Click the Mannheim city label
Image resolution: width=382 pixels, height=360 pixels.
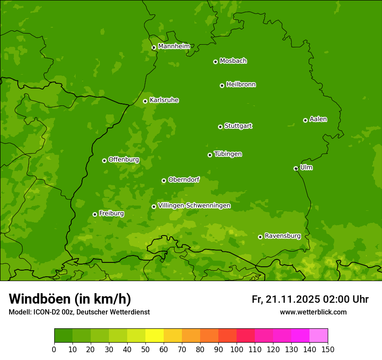pos(174,46)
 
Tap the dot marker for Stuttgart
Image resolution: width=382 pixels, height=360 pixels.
pos(220,127)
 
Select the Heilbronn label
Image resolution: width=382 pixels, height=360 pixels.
pos(241,85)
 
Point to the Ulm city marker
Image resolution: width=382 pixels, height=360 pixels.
pos(296,168)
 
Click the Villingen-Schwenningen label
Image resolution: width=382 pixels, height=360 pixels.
pos(194,206)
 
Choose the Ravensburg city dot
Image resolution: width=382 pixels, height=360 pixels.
pos(260,237)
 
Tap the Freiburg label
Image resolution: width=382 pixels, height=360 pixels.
pos(111,213)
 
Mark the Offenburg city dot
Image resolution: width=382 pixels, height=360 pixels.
pos(104,160)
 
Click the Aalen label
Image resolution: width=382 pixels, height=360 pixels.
pos(318,119)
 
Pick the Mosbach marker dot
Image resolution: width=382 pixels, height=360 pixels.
pos(215,62)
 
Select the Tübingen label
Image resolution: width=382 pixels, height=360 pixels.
pos(228,154)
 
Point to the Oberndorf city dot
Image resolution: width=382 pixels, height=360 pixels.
pos(164,180)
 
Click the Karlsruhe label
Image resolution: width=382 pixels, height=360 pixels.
pos(164,100)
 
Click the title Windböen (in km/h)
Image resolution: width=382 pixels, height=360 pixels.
pos(70,299)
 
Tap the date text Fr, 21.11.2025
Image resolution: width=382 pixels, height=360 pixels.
pos(286,299)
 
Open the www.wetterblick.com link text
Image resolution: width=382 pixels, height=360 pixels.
pos(313,312)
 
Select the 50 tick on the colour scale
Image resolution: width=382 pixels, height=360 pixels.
pos(145,349)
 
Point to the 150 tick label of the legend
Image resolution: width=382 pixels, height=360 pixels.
pos(327,349)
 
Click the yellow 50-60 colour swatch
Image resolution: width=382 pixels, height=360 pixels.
pos(155,336)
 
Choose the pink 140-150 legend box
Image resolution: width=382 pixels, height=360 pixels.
pos(319,336)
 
